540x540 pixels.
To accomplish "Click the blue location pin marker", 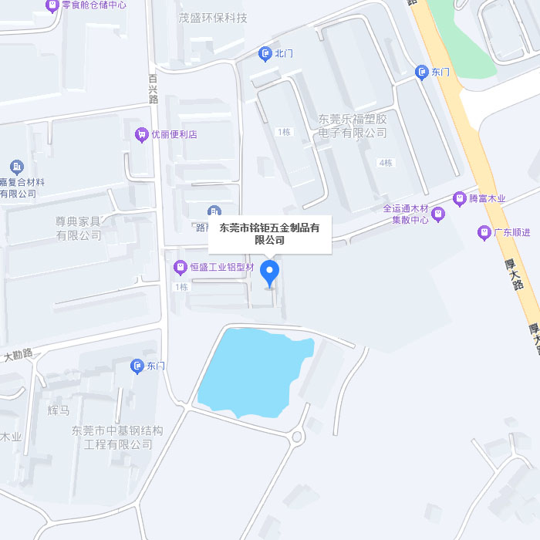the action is (269, 272).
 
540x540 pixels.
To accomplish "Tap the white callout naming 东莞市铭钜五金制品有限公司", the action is (270, 234).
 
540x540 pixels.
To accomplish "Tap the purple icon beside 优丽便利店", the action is (141, 134).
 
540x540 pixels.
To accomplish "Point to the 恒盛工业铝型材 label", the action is (222, 268).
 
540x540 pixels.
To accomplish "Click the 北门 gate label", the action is (284, 53).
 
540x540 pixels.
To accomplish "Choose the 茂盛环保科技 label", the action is (212, 18).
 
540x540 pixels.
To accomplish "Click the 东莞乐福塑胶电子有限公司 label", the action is (353, 126).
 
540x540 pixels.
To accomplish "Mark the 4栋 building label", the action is (385, 163).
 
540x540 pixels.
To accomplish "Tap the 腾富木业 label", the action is (487, 198).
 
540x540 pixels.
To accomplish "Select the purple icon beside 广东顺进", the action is (484, 232).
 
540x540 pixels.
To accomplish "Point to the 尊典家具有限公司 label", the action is (78, 228).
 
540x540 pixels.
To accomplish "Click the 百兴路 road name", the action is (153, 89).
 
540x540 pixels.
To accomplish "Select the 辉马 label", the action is (58, 410).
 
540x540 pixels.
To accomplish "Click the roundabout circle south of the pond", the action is (296, 438).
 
